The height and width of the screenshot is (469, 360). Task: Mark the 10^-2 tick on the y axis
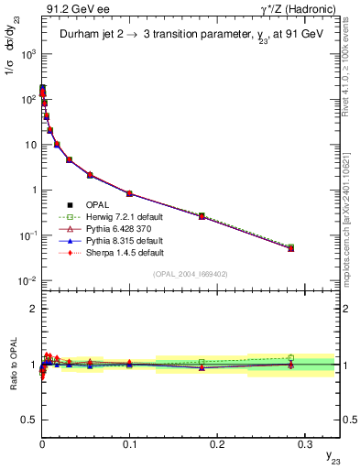27,280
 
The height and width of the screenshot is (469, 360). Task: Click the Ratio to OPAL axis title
12,363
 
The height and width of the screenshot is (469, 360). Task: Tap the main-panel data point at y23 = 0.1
129,193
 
